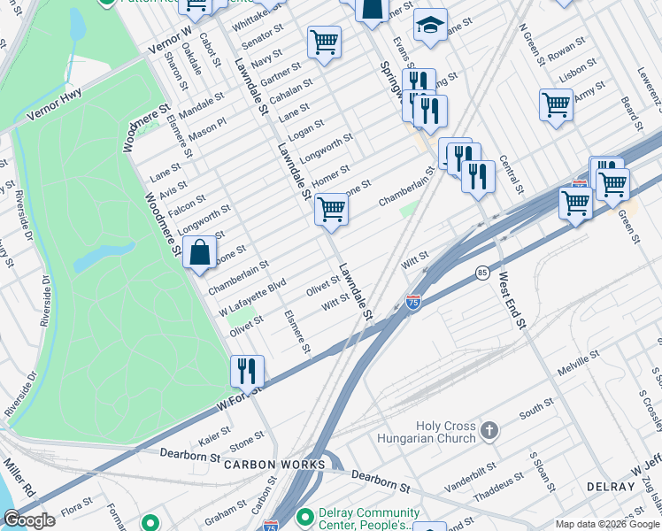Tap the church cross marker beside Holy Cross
[489, 431]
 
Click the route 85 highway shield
[481, 272]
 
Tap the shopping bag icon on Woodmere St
[200, 251]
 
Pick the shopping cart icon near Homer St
[331, 210]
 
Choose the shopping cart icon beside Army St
[556, 104]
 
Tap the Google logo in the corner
[28, 520]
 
